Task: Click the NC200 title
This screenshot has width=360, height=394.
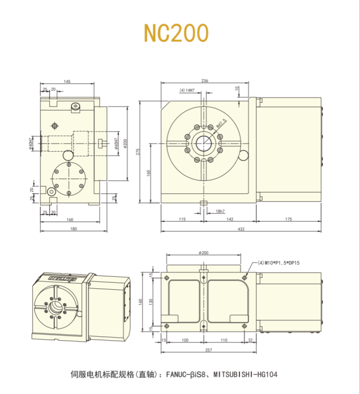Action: pos(176,33)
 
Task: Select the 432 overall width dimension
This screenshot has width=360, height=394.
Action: pos(240,229)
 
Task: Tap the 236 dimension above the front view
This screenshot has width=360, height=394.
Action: pos(204,81)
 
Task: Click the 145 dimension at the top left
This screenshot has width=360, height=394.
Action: pos(67,82)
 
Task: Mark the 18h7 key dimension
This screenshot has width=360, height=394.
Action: pos(220,211)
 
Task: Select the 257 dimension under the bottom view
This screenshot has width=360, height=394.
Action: pos(209,350)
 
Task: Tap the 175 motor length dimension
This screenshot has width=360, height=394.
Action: pos(288,220)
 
